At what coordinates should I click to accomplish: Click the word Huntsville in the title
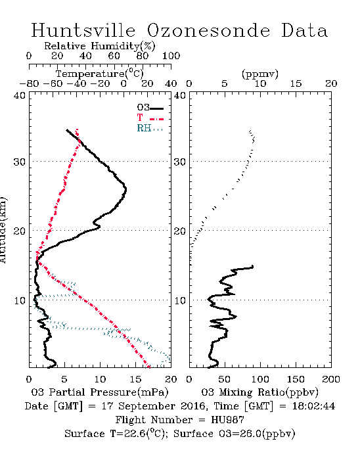pyautogui.click(x=83, y=30)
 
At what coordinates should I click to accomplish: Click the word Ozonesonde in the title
pyautogui.click(x=208, y=30)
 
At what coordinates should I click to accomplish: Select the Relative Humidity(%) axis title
pyautogui.click(x=100, y=46)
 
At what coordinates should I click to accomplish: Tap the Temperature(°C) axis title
pyautogui.click(x=100, y=74)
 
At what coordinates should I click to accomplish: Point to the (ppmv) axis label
pyautogui.click(x=260, y=74)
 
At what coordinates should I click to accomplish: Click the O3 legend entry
pyautogui.click(x=150, y=107)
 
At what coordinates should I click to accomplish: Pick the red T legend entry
pyautogui.click(x=150, y=118)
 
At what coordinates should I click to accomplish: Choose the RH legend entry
pyautogui.click(x=150, y=128)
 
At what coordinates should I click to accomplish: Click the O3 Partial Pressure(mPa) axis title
pyautogui.click(x=100, y=392)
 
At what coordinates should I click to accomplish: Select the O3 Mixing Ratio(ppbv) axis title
pyautogui.click(x=259, y=392)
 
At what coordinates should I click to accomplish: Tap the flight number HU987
pyautogui.click(x=227, y=420)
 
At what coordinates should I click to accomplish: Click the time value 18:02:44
pyautogui.click(x=313, y=406)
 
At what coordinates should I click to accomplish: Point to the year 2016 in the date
pyautogui.click(x=192, y=406)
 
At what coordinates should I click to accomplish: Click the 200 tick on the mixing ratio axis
pyautogui.click(x=331, y=379)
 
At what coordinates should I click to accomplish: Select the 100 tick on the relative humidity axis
pyautogui.click(x=171, y=56)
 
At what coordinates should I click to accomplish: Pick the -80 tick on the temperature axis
pyautogui.click(x=29, y=83)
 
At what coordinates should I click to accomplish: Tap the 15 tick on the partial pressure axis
pyautogui.click(x=135, y=379)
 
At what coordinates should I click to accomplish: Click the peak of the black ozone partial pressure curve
pyautogui.click(x=125, y=189)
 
